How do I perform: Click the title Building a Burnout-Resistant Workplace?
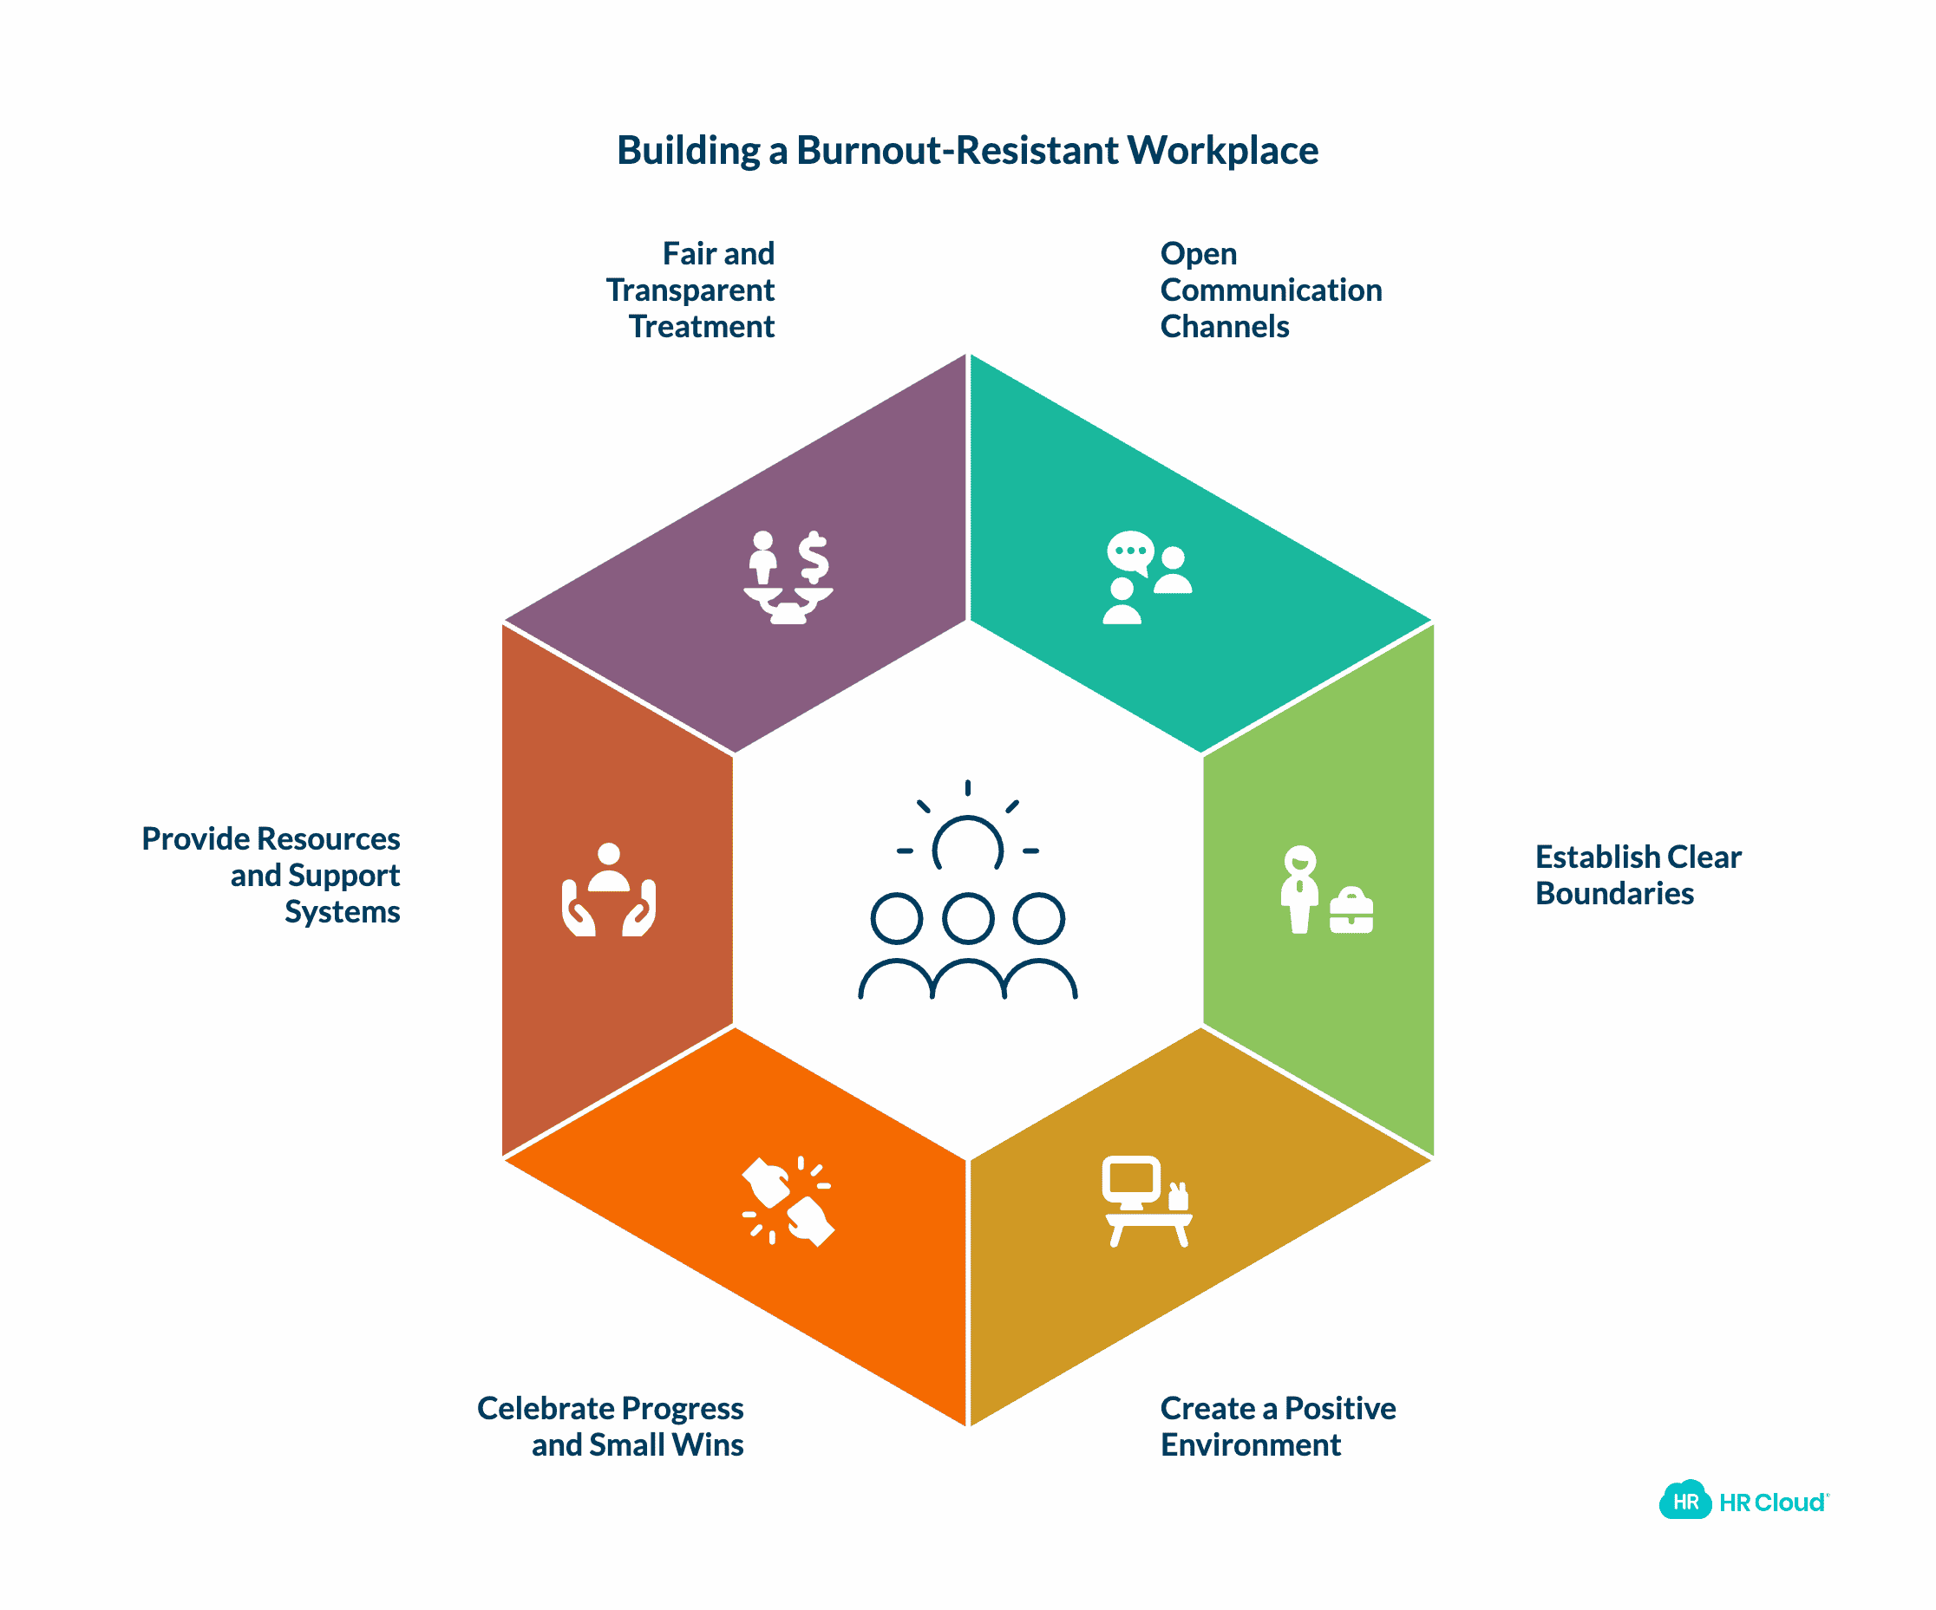967,150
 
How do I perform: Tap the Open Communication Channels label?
1271,290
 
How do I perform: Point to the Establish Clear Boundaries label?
1638,875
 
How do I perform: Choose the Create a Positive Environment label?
1278,1425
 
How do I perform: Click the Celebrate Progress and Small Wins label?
611,1425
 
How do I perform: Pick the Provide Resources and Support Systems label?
271,875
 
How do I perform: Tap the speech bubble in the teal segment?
1130,552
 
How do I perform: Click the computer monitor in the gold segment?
1131,1182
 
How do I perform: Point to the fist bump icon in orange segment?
788,1202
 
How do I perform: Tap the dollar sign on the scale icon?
813,557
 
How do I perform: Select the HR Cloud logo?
1743,1502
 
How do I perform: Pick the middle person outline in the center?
968,945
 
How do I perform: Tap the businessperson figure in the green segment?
1300,890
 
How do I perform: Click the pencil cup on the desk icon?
1177,1197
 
